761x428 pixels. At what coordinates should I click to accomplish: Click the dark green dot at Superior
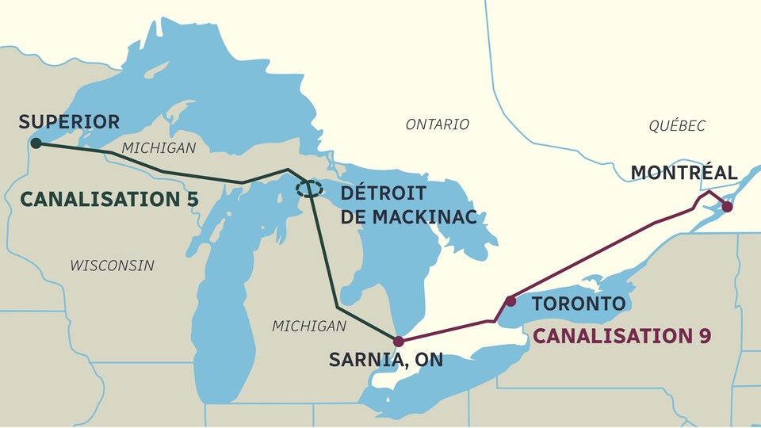point(35,143)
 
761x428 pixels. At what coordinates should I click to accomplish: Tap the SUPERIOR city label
point(69,122)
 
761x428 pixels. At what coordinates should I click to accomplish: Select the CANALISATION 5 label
point(109,199)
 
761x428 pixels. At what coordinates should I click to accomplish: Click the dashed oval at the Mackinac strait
point(309,189)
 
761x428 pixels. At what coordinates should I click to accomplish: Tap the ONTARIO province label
point(437,124)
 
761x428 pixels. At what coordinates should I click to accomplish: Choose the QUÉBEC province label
point(676,126)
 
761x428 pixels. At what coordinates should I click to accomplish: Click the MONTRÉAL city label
point(683,173)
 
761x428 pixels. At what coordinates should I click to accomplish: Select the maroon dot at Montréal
point(727,207)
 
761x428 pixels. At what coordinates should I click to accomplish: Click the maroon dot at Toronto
point(511,301)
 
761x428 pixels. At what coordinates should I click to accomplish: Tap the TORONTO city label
point(578,304)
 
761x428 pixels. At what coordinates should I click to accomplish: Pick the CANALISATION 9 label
point(621,335)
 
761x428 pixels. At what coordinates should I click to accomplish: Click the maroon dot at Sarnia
point(399,342)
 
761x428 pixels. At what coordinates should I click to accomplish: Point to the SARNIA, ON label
point(385,361)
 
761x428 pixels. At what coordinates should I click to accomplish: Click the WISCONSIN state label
point(112,265)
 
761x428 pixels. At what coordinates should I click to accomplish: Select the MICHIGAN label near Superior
point(159,148)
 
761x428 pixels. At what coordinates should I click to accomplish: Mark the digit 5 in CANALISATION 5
point(192,199)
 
